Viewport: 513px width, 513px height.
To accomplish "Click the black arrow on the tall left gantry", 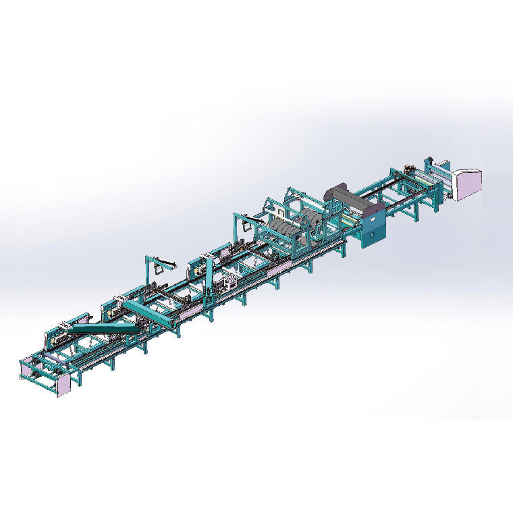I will tap(165, 259).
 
